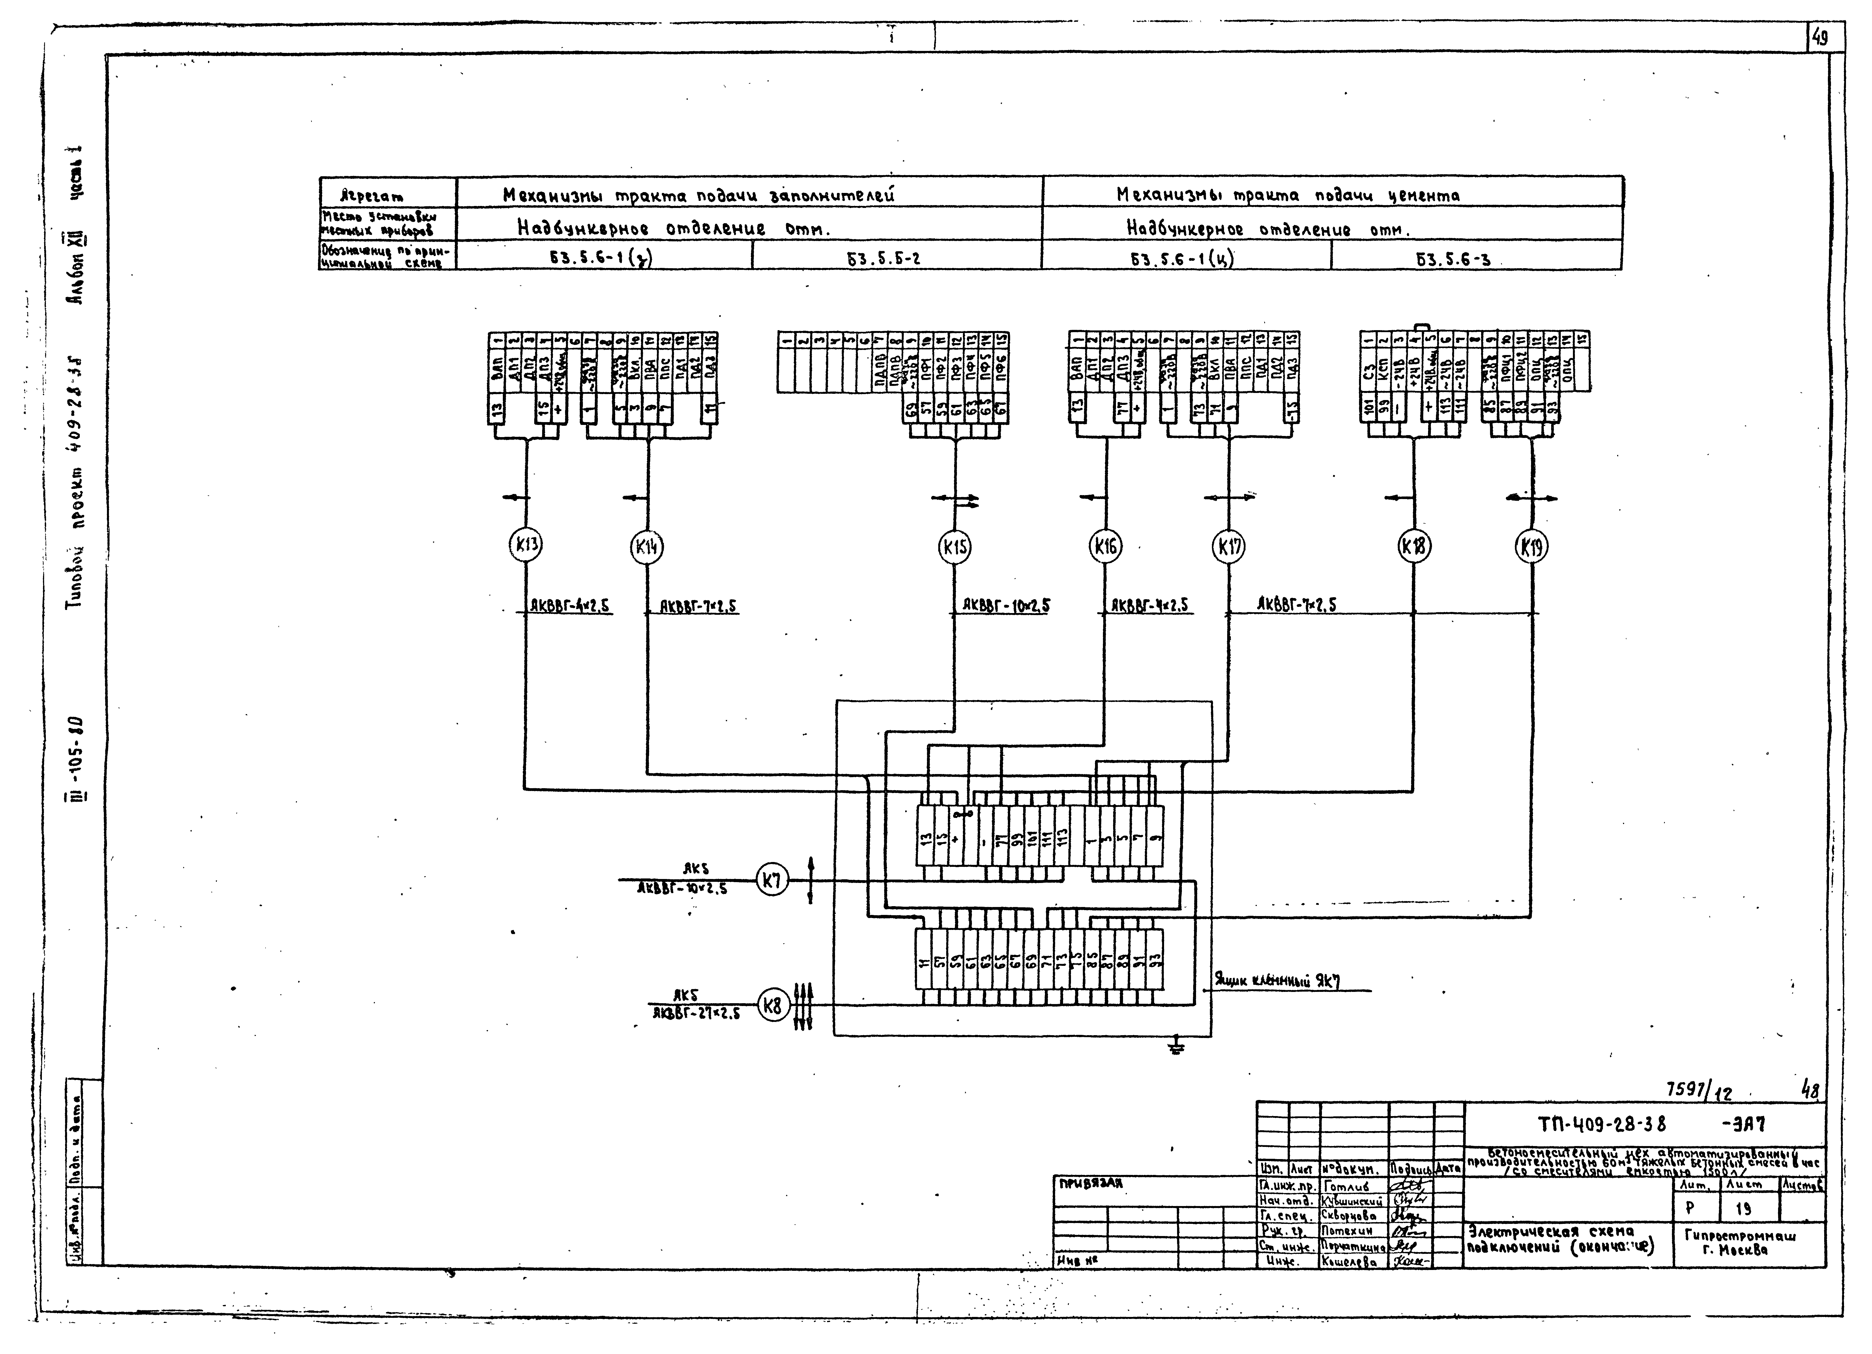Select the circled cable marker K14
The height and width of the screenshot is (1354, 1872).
647,546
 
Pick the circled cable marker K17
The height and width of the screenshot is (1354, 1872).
1228,547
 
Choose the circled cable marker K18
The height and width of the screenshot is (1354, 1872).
1415,546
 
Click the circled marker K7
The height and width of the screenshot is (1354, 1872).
772,881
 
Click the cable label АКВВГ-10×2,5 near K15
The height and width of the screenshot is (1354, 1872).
1006,606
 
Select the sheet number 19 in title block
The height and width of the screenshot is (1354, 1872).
1742,1209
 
